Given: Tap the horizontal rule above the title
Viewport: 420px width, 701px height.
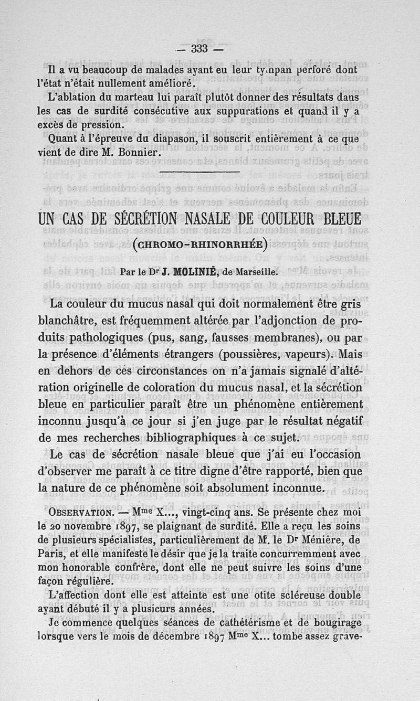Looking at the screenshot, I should pos(199,173).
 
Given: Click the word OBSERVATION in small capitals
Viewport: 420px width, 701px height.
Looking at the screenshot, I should pos(78,512).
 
